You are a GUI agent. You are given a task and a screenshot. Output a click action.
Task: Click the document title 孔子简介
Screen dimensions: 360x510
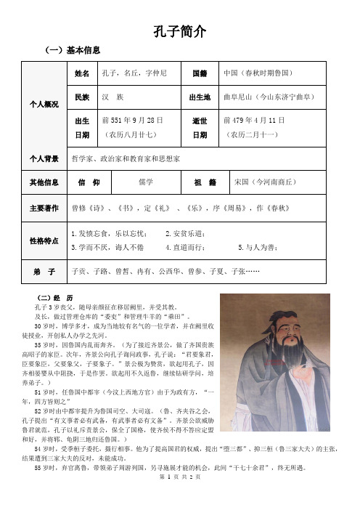[181, 31]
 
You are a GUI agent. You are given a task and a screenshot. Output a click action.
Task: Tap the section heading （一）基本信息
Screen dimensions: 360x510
[70, 49]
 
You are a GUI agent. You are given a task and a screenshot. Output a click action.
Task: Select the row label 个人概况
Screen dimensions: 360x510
[44, 104]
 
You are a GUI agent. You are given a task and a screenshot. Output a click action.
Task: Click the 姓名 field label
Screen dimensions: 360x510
[82, 74]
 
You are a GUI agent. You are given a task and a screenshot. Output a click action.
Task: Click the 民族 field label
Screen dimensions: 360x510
[82, 97]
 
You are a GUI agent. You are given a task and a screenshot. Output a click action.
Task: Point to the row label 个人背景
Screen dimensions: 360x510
[44, 157]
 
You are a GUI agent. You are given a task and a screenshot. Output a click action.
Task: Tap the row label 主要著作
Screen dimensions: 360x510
[44, 206]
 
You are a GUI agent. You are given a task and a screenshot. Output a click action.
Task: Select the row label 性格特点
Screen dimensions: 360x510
[44, 240]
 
